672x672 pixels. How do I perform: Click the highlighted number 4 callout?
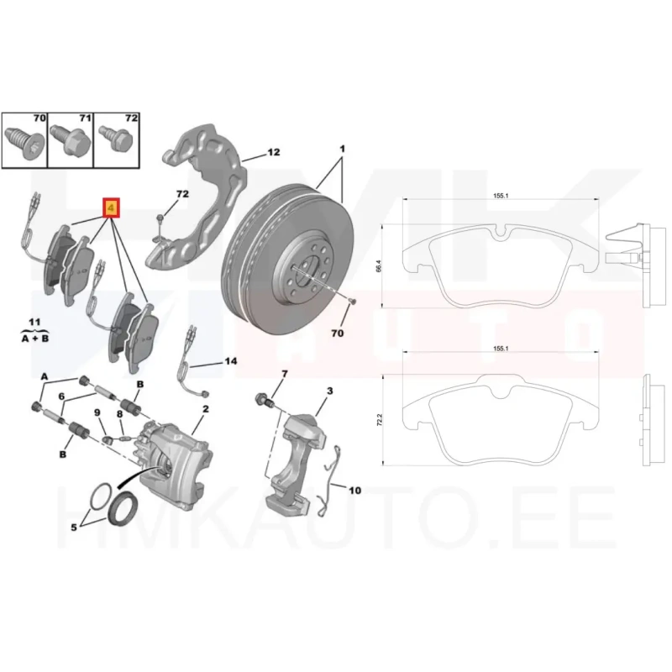[111, 208]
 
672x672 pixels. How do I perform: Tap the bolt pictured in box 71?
[70, 139]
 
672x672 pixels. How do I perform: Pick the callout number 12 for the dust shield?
[274, 152]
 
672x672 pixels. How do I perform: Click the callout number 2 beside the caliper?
[206, 409]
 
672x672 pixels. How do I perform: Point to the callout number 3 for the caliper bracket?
[329, 391]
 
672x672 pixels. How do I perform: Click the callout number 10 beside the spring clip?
[354, 491]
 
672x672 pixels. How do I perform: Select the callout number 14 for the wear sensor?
[230, 361]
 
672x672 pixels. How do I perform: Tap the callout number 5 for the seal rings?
[74, 528]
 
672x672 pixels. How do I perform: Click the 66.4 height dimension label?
[378, 265]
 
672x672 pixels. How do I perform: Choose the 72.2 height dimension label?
[379, 419]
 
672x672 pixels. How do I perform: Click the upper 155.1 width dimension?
[501, 196]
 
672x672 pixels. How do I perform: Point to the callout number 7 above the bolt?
[285, 374]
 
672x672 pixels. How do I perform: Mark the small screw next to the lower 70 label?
[353, 302]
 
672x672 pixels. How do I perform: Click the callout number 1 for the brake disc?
[342, 150]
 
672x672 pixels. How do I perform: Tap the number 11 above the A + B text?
[34, 322]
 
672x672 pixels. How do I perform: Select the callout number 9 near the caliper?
[97, 412]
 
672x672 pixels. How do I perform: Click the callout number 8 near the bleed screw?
[119, 414]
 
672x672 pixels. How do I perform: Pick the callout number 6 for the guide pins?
[61, 396]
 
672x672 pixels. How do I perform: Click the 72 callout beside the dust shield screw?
[182, 194]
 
